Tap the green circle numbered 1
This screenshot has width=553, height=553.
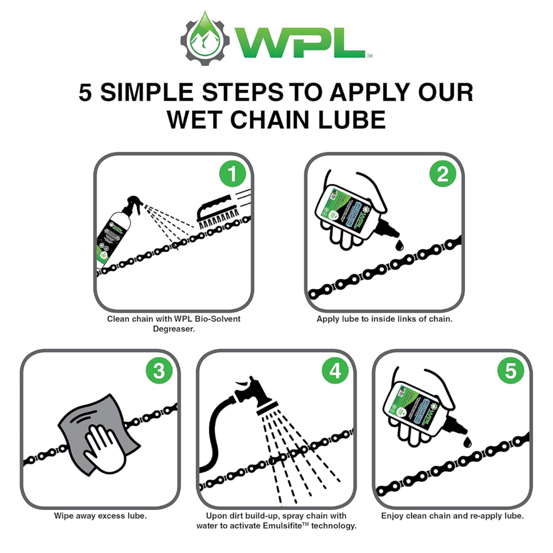click(232, 175)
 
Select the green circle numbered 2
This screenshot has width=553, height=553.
click(443, 175)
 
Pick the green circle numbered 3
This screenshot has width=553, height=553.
click(159, 371)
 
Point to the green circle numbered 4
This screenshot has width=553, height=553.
click(335, 371)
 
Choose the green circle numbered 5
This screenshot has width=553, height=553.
click(511, 371)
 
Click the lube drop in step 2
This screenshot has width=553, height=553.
click(399, 247)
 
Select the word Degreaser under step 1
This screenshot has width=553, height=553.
click(174, 329)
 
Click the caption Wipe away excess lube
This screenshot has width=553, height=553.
click(100, 516)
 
